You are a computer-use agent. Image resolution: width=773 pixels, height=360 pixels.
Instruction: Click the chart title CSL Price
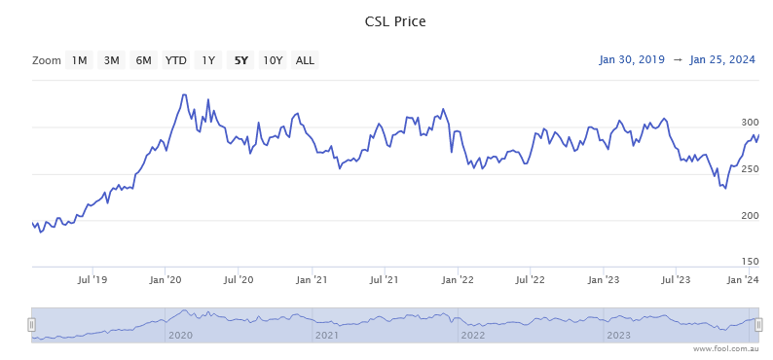tap(386, 21)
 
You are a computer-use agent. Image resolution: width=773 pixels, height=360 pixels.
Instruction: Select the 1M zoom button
tap(79, 60)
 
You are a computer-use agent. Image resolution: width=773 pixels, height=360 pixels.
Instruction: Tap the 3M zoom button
tap(111, 60)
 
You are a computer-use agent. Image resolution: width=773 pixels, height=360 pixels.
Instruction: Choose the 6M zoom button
tap(143, 60)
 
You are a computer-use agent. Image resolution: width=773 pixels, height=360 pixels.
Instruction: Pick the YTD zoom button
tap(175, 60)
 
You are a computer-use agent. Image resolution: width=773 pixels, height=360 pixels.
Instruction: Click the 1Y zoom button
tap(207, 60)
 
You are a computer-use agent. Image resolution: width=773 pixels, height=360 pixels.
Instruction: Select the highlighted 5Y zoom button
tap(239, 60)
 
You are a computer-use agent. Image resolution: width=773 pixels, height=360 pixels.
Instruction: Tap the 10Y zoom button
tap(273, 60)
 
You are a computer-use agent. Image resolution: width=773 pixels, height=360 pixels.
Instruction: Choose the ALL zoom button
tap(305, 60)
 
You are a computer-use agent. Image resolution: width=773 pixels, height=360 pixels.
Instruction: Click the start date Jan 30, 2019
tap(632, 60)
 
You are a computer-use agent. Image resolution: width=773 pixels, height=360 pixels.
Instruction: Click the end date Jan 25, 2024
tap(722, 60)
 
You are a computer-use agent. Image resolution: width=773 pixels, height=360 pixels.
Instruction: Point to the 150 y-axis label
tap(750, 261)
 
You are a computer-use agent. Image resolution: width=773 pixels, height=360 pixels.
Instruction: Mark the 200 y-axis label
tap(750, 215)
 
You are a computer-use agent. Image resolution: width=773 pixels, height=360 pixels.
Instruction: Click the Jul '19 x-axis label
tap(92, 280)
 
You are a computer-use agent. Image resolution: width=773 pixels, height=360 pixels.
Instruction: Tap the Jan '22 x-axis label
tap(458, 280)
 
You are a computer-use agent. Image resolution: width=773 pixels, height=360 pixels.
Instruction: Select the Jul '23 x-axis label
tap(676, 280)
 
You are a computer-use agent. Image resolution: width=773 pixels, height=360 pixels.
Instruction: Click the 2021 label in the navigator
tap(326, 336)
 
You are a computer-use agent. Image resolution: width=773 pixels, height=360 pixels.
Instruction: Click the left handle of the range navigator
tap(31, 325)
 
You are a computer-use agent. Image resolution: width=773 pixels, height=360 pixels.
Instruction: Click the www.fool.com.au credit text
tap(725, 348)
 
